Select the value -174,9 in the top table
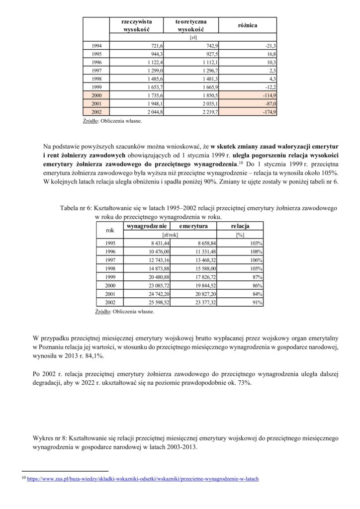tap(269, 112)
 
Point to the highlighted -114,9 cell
tap(269, 95)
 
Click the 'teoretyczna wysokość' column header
tap(190, 25)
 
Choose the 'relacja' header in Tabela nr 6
tap(240, 226)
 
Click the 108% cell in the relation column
tap(257, 252)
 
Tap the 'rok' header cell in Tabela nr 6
tap(110, 230)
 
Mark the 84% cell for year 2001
tap(257, 294)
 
